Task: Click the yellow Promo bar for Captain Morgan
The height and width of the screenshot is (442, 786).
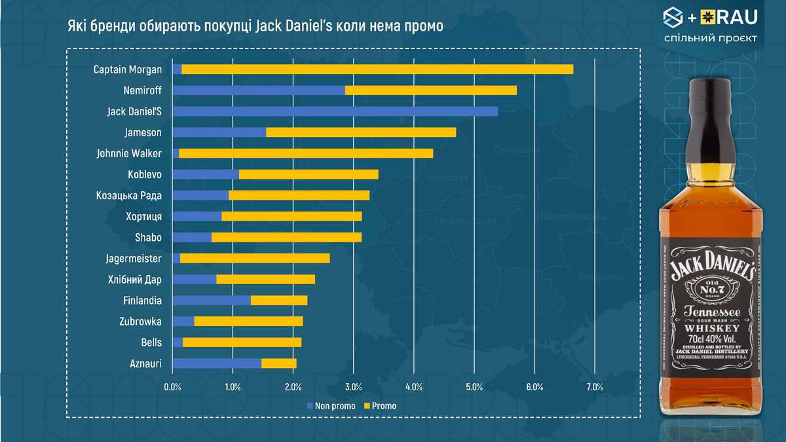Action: point(377,69)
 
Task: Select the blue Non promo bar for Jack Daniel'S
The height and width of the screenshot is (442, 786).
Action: point(335,111)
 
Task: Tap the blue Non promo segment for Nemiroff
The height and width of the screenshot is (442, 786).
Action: point(258,90)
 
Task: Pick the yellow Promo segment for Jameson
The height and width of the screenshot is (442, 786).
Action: point(361,132)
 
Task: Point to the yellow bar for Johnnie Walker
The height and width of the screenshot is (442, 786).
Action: point(306,153)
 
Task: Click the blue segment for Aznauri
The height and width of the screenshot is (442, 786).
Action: point(216,363)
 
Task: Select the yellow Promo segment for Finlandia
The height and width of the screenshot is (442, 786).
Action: point(279,301)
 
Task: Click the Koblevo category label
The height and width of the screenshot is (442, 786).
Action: point(145,175)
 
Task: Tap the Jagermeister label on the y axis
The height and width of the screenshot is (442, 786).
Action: point(134,259)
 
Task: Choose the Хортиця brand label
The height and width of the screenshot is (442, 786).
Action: point(143,217)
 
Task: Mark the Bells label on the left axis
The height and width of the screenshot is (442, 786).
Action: point(151,342)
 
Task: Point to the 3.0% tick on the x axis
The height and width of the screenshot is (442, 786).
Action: point(354,387)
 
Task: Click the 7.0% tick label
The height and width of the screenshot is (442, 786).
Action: point(594,387)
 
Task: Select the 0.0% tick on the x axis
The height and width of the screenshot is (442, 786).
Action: point(172,387)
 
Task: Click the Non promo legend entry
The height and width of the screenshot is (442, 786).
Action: point(331,406)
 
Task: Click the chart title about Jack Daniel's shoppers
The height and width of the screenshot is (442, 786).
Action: point(255,27)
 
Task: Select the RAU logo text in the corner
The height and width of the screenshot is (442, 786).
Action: point(736,18)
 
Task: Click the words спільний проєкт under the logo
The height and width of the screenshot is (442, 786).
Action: point(711,38)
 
